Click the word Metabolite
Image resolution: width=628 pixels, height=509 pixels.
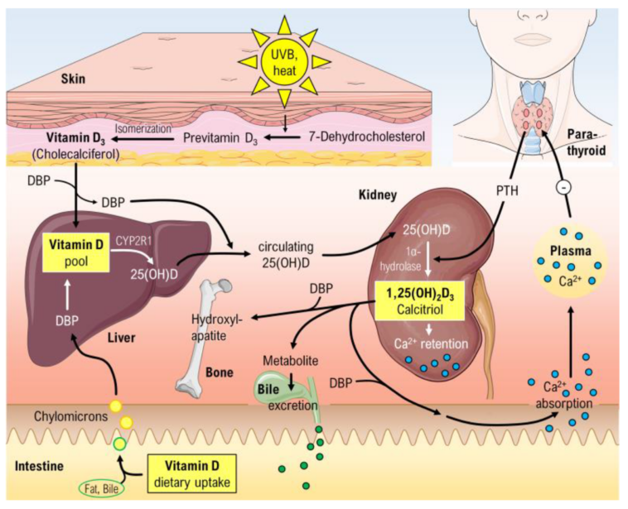coord(289,362)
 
